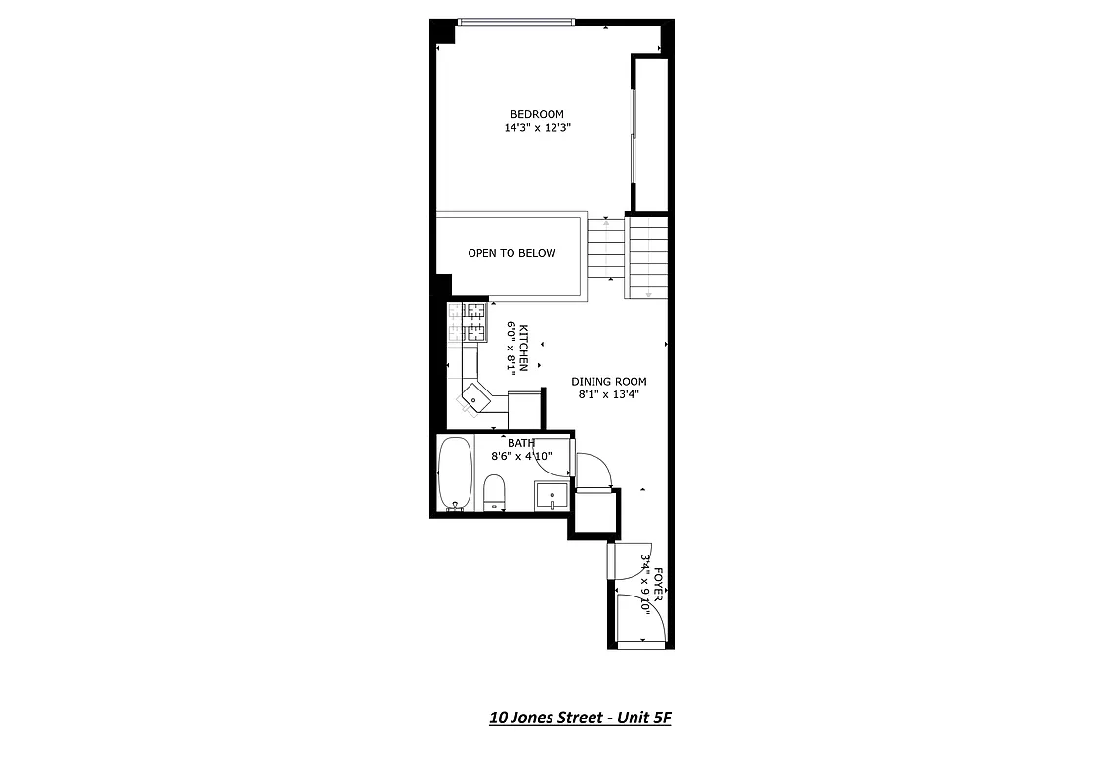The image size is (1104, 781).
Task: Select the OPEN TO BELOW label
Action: click(511, 253)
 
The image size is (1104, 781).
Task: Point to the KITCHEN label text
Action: click(524, 348)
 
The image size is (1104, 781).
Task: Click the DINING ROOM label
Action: click(609, 382)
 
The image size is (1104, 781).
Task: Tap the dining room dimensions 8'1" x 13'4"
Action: click(609, 394)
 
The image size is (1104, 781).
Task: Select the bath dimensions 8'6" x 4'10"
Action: click(521, 455)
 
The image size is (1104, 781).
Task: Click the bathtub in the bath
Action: click(455, 474)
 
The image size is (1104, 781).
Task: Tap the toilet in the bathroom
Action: click(494, 491)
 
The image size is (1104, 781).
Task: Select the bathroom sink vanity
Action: click(552, 495)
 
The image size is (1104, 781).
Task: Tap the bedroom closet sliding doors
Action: click(634, 137)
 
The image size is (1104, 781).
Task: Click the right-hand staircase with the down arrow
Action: click(646, 257)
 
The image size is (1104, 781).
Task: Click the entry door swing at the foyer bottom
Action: click(641, 619)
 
